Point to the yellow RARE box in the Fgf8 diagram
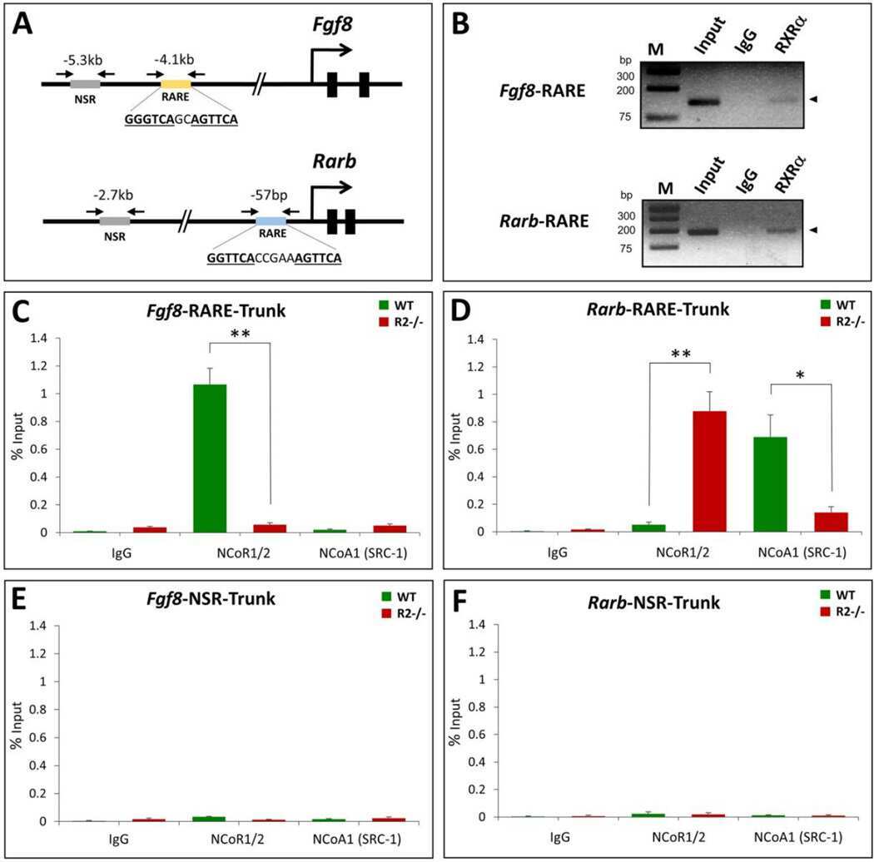click(175, 83)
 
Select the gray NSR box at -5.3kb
click(85, 83)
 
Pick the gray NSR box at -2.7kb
click(114, 221)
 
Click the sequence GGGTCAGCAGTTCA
click(181, 119)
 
